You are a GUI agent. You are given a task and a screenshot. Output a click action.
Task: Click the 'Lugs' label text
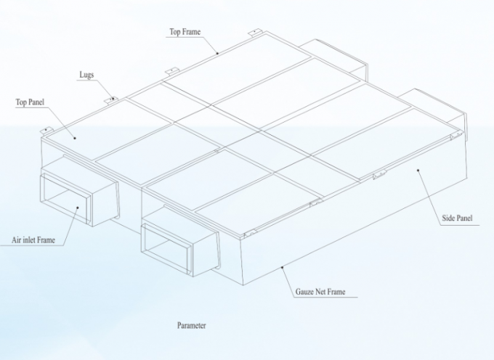[x=86, y=75]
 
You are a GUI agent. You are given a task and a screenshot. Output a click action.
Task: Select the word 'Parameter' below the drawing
[x=192, y=325]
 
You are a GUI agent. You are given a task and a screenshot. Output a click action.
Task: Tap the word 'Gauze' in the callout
[x=304, y=292]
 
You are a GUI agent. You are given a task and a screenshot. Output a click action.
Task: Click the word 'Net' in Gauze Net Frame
[x=320, y=292]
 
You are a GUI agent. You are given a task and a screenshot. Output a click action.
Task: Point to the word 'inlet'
[x=30, y=240]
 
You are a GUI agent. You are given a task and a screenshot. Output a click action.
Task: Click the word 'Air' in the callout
[x=17, y=240]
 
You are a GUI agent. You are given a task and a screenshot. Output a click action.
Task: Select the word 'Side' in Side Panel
[x=449, y=218]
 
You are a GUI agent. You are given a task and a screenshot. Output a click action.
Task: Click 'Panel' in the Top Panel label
[x=36, y=102]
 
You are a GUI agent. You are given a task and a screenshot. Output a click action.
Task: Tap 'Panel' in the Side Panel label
[x=464, y=218]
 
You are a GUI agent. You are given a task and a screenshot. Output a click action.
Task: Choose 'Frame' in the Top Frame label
[x=191, y=32]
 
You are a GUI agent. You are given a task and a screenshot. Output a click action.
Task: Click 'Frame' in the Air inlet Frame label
[x=46, y=240]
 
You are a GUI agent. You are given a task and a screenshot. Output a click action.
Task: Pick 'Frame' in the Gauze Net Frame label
[x=336, y=292]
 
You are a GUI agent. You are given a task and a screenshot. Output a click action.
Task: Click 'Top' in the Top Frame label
[x=175, y=32]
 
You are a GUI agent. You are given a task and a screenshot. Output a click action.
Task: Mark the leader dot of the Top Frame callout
[x=217, y=54]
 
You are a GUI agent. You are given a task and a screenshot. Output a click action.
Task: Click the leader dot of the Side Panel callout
[x=418, y=171]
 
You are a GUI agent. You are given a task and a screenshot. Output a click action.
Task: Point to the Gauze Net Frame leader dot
[x=283, y=268]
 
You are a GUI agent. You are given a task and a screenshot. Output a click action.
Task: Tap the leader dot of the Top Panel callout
[x=75, y=138]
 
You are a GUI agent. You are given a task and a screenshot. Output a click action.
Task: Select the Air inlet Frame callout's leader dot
[x=78, y=207]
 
